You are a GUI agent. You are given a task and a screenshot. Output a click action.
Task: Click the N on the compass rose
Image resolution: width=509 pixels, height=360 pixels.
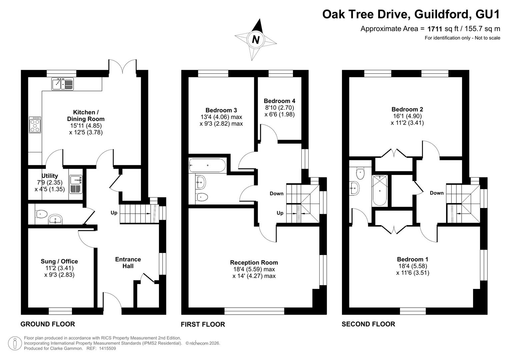pos(256,40)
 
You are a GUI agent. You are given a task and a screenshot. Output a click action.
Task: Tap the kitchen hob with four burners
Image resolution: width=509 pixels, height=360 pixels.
pos(35,125)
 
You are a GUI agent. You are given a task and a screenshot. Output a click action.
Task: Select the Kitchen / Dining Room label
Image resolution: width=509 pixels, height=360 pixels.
pos(86,115)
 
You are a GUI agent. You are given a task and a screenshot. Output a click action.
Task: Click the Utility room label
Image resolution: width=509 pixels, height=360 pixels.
pos(50,176)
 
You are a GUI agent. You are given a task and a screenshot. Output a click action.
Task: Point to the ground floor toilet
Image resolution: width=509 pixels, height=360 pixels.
pos(41,214)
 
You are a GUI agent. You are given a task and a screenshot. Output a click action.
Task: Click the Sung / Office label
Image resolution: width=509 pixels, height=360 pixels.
pos(59,261)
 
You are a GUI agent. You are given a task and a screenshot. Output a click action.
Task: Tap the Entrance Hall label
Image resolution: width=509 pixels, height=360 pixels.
pos(128,263)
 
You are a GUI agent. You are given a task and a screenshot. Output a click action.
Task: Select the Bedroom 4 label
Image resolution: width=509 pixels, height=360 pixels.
pos(279,101)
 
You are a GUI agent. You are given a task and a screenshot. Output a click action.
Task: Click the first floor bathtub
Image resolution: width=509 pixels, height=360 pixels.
pos(207,165)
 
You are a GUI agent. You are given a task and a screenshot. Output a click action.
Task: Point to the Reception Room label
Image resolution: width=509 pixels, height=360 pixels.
pos(254,263)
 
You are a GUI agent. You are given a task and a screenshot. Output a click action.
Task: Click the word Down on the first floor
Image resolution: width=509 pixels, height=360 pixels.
pos(277,193)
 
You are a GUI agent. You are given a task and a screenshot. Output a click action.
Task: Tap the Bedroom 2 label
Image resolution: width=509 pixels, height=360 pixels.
pos(407,109)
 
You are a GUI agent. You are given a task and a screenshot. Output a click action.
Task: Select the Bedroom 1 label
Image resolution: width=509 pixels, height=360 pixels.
pos(413,259)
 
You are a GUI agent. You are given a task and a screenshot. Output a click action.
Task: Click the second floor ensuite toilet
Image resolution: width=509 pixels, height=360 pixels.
pos(360,174)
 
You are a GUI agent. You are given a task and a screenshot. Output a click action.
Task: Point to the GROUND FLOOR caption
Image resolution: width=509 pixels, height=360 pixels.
pos(48,324)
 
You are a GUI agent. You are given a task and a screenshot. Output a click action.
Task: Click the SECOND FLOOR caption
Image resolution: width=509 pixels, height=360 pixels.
pos(368,324)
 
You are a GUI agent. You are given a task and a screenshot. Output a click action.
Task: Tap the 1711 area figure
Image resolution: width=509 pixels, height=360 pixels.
pos(435,29)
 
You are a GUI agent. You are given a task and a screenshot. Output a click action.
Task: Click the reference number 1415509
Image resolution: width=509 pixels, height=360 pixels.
pos(107,348)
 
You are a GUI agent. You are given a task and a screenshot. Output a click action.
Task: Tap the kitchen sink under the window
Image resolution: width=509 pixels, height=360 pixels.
pos(62,84)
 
